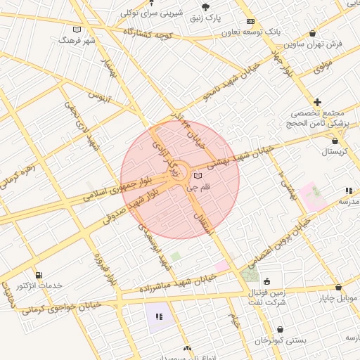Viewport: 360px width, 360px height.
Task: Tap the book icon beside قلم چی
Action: click(198, 174)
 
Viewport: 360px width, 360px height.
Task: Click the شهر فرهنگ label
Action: click(77, 41)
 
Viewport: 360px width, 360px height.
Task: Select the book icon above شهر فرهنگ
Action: click(77, 30)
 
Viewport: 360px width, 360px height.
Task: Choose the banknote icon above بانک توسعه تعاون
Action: click(251, 21)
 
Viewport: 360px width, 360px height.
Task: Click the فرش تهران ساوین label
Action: click(319, 44)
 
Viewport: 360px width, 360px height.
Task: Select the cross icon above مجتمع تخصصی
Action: click(318, 102)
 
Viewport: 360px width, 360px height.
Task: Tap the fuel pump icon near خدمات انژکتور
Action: click(38, 274)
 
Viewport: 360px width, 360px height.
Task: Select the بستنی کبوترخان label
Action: click(281, 340)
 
